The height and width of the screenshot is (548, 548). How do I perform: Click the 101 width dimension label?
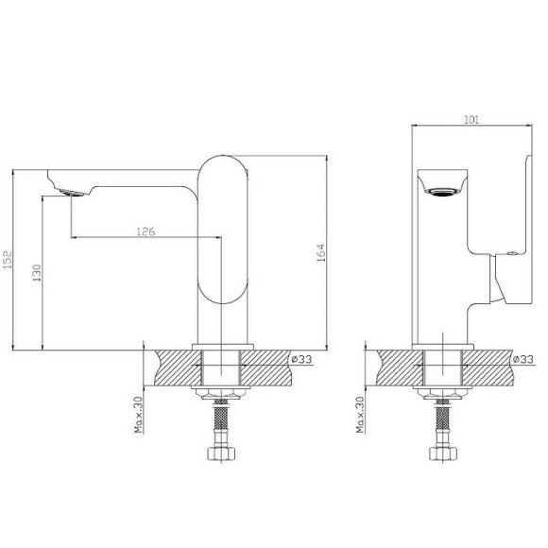coord(472,120)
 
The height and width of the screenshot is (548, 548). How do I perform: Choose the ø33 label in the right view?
coord(522,359)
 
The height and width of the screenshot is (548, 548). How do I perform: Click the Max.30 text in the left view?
coord(138,416)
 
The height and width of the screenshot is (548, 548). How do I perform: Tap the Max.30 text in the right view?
coord(361,416)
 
